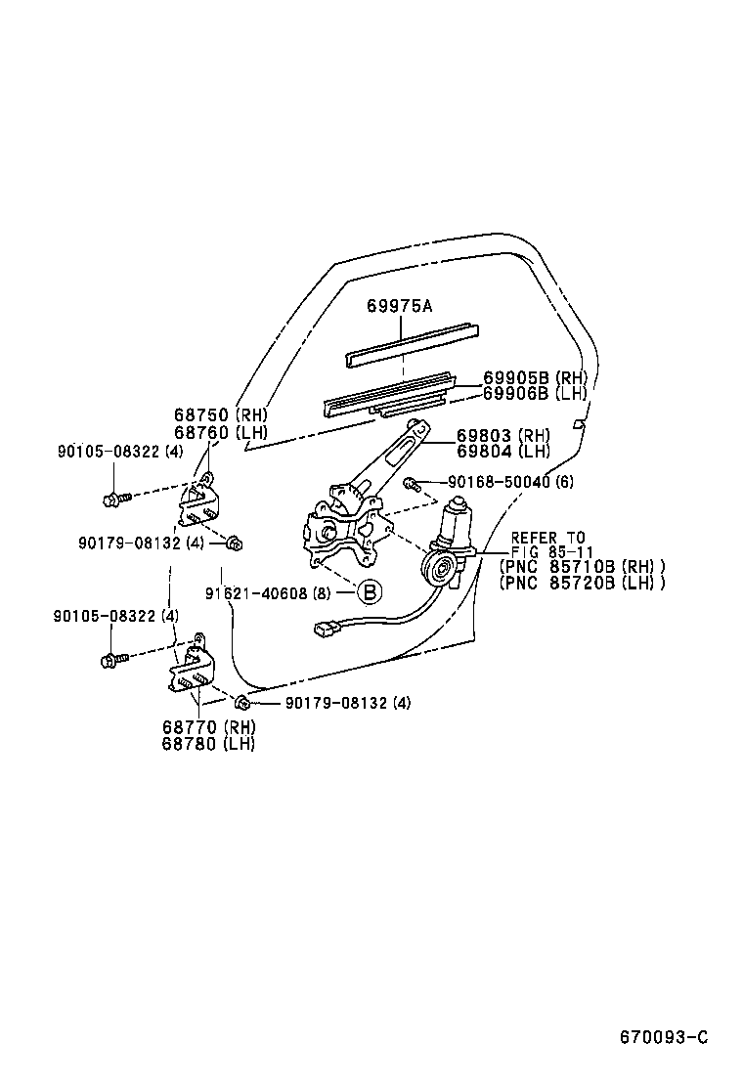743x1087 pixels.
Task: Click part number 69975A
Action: coord(399,306)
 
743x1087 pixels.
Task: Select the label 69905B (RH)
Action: coord(535,378)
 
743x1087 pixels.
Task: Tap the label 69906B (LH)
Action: coord(535,393)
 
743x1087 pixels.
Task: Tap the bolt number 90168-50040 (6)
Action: coord(511,482)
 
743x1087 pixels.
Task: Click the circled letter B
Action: coord(370,591)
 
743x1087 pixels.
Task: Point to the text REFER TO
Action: coord(547,538)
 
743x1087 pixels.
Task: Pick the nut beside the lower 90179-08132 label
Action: coord(242,702)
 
